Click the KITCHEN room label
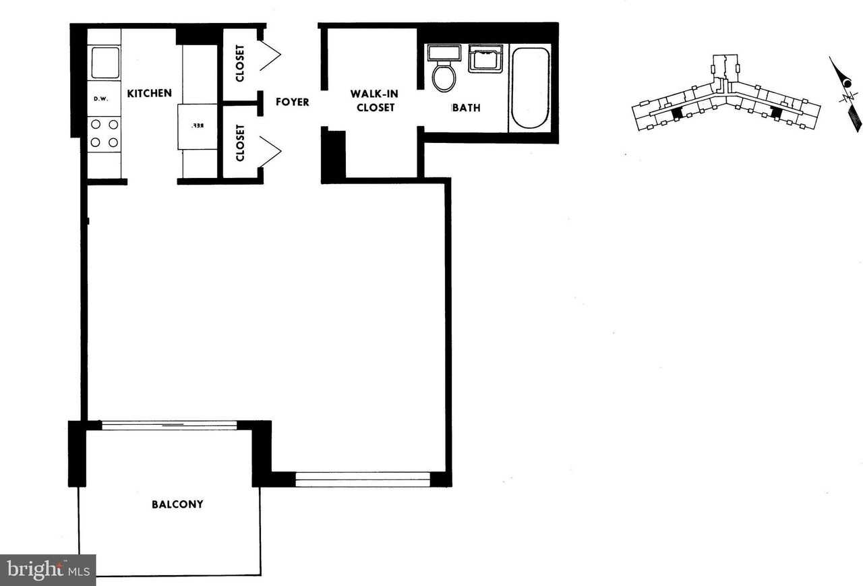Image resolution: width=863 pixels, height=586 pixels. tap(150, 93)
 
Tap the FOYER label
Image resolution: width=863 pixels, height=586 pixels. tap(293, 102)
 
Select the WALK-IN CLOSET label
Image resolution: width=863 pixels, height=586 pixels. tap(373, 100)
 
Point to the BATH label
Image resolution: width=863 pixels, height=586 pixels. tap(466, 107)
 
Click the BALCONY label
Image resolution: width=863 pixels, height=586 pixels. tap(177, 504)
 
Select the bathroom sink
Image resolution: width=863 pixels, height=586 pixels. tap(485, 59)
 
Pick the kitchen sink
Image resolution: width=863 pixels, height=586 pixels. tap(105, 62)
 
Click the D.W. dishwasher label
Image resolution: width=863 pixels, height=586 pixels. tap(101, 99)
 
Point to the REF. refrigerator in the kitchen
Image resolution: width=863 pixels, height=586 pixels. tap(198, 126)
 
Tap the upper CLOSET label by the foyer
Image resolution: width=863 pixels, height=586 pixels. tap(241, 62)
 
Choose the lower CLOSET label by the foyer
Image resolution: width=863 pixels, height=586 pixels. tap(241, 143)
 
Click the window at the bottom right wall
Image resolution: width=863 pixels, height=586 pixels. tap(363, 479)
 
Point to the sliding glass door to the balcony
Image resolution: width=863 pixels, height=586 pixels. tap(169, 425)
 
